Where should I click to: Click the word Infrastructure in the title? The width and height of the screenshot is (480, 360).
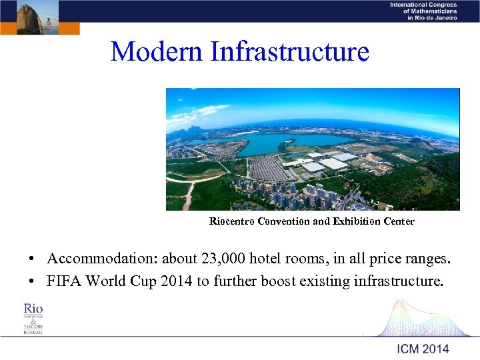pyautogui.click(x=289, y=51)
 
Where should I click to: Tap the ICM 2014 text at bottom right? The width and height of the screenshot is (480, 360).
pyautogui.click(x=423, y=348)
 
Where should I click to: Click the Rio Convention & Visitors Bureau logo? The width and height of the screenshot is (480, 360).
pyautogui.click(x=33, y=318)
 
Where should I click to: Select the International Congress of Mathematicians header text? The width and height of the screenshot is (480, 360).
pyautogui.click(x=423, y=11)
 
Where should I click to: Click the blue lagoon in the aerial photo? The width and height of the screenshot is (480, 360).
pyautogui.click(x=280, y=142)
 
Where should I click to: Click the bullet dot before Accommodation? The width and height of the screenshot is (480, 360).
pyautogui.click(x=31, y=259)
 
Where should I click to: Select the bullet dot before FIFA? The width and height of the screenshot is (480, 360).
pyautogui.click(x=31, y=281)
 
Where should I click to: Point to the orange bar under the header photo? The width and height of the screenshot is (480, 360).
pyautogui.click(x=40, y=29)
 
